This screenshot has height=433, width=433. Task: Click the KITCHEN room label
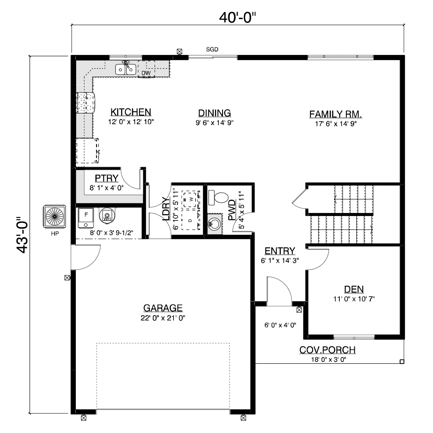point(131,112)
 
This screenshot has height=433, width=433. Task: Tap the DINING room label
point(215,113)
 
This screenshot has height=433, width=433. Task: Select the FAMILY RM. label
point(336,114)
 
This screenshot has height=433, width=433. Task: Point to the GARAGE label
point(163,308)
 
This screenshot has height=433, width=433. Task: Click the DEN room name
point(354,289)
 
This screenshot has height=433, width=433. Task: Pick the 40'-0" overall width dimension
point(237,18)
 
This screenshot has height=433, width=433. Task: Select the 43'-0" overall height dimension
point(23,234)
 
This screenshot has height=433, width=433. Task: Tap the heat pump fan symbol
point(55,216)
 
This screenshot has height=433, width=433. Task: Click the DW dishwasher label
point(146,73)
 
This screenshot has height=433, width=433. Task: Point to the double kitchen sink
point(126,69)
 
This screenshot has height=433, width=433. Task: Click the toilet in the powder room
point(218,198)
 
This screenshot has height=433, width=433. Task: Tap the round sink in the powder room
point(214,224)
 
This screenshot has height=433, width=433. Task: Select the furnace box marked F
point(86,218)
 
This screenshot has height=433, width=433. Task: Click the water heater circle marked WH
point(106,215)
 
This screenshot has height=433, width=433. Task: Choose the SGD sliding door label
point(212,49)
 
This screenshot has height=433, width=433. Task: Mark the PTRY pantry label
point(107,178)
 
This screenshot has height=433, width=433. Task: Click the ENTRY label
point(280,251)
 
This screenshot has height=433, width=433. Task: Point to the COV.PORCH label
point(327,350)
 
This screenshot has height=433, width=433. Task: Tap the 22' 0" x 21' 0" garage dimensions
point(163,318)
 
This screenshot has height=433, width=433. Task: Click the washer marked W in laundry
point(190,199)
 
